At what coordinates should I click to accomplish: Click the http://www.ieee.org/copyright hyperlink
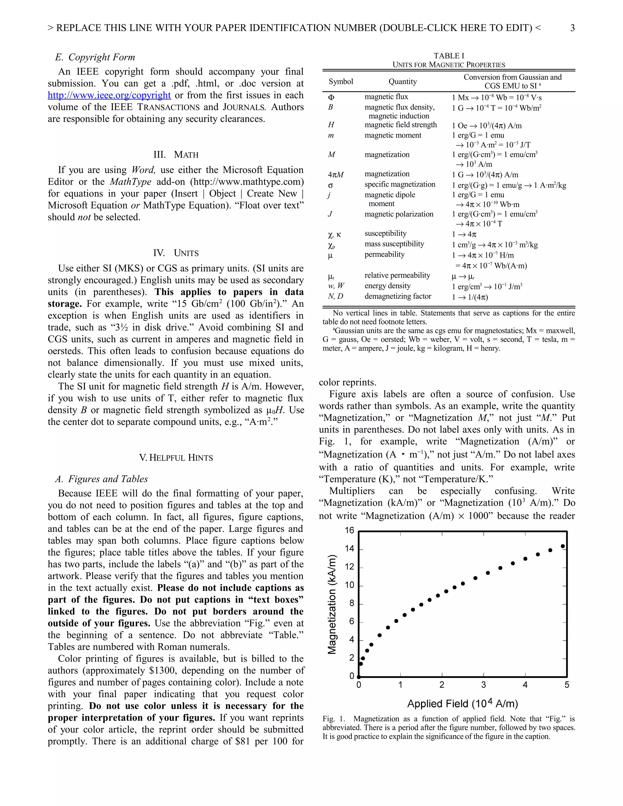point(109,95)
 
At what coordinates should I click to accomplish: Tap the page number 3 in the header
point(573,28)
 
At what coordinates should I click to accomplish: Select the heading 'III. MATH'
point(176,155)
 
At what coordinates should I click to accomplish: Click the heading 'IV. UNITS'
point(176,253)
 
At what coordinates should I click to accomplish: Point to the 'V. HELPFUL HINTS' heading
point(176,458)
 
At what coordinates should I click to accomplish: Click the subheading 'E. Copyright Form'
point(95,57)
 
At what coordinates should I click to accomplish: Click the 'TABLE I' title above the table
point(449,56)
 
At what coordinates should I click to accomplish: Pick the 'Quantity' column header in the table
point(403,82)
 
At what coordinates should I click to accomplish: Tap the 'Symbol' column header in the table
point(341,82)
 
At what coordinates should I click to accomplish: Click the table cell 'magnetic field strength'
point(400,125)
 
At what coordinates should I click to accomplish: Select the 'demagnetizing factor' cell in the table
point(398,296)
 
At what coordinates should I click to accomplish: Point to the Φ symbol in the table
point(331,97)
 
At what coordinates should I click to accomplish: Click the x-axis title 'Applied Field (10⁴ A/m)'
point(462,704)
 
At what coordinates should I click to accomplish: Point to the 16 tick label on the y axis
point(349,531)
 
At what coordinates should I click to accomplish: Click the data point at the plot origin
point(359,677)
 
